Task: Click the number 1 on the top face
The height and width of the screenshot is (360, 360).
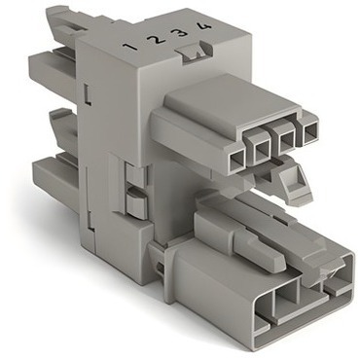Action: coord(131,47)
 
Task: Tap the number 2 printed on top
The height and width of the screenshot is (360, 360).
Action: coord(155,40)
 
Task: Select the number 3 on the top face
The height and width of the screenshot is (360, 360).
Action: coord(181,31)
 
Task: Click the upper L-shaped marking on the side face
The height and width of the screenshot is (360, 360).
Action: coord(88,94)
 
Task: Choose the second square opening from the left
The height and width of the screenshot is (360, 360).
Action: coord(262,149)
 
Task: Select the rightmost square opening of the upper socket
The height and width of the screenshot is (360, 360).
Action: coord(309,131)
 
